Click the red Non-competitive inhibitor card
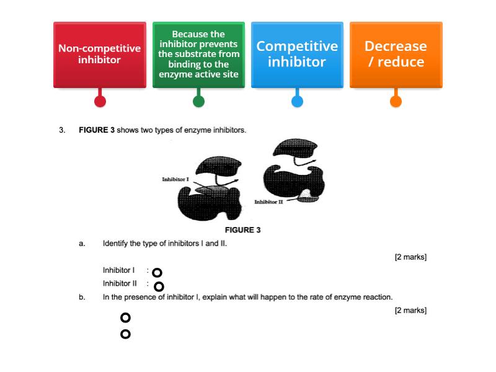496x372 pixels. [x=99, y=55]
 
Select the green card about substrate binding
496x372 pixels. [x=198, y=55]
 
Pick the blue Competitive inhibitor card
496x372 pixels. [x=297, y=55]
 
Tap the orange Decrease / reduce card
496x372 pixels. [x=396, y=55]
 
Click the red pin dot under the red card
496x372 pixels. [x=100, y=101]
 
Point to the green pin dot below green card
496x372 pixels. [x=198, y=101]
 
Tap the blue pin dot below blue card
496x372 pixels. [x=297, y=101]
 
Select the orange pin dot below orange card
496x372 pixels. [x=396, y=101]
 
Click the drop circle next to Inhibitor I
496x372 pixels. [x=157, y=273]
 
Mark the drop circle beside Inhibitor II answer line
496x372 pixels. [x=159, y=286]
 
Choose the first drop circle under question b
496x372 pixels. [x=125, y=317]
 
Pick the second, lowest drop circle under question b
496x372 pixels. [x=125, y=334]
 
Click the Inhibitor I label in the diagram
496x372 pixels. [x=175, y=179]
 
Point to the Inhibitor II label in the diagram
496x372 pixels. [x=268, y=202]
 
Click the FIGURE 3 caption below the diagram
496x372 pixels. [x=242, y=230]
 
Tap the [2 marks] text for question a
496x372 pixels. [x=410, y=257]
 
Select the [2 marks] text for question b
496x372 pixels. [x=410, y=311]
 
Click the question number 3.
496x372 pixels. [x=62, y=130]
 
